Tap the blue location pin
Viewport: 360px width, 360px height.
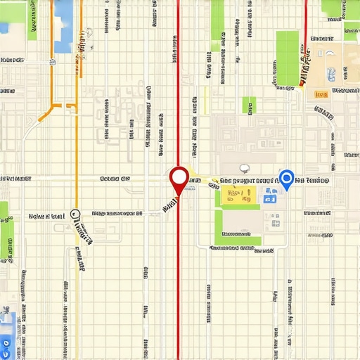(286, 178)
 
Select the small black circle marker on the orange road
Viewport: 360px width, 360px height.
(76, 214)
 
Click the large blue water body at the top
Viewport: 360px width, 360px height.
(63, 27)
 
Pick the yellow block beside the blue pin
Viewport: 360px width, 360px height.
(239, 196)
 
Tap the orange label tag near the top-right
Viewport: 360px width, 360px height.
(321, 93)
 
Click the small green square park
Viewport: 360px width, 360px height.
(249, 105)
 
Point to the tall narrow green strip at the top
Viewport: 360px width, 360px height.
(217, 21)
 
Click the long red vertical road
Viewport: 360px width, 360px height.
(179, 281)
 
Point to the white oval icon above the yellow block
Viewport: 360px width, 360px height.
(245, 168)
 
